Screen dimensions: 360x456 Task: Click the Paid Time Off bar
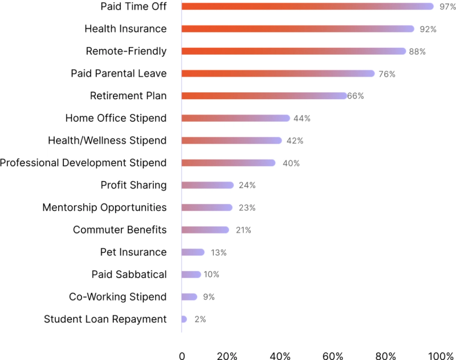click(x=308, y=6)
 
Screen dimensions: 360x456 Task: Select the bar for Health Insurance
click(x=298, y=28)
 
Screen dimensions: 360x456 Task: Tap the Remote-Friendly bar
click(x=294, y=51)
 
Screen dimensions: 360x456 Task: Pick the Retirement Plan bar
click(x=264, y=96)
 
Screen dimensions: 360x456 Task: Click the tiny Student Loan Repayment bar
click(x=184, y=319)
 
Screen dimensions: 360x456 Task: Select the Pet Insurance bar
click(x=193, y=252)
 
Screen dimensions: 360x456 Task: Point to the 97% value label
click(x=446, y=7)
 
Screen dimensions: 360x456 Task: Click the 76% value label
click(x=386, y=74)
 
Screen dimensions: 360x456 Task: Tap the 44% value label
click(x=302, y=118)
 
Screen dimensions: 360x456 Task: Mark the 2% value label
click(x=200, y=320)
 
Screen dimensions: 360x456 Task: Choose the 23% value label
click(x=247, y=208)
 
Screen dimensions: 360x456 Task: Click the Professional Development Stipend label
click(x=83, y=163)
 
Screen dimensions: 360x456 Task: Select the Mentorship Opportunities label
click(x=104, y=207)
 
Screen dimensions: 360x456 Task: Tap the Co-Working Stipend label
click(x=117, y=297)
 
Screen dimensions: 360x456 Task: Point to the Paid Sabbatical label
click(x=129, y=275)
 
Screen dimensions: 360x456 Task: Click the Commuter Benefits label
click(x=120, y=230)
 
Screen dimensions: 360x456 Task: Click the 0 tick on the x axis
click(x=182, y=356)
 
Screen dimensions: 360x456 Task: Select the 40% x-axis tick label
click(x=280, y=356)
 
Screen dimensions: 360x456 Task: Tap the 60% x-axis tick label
click(x=332, y=356)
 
